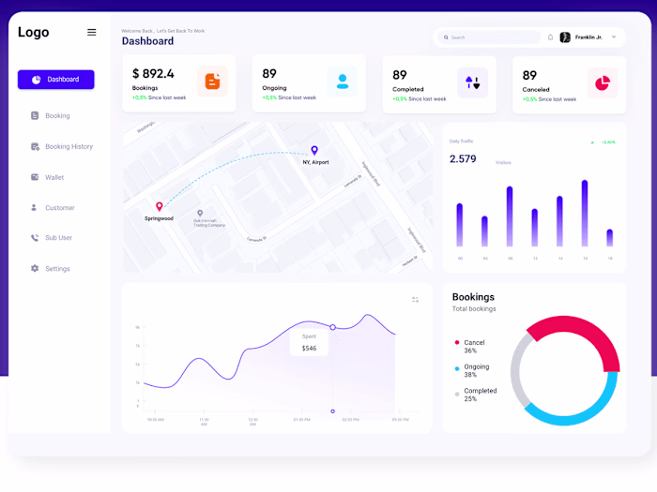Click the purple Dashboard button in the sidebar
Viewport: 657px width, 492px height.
[x=56, y=80]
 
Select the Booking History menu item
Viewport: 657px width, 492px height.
[x=69, y=146]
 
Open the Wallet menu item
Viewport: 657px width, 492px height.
[x=53, y=177]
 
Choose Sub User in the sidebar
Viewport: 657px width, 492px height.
[x=58, y=238]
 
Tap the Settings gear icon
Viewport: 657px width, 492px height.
[x=35, y=269]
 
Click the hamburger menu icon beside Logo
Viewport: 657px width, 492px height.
[x=91, y=32]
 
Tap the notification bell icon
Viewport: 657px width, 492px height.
[x=551, y=37]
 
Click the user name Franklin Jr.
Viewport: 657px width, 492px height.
[x=588, y=37]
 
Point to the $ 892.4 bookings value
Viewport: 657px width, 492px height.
[x=153, y=74]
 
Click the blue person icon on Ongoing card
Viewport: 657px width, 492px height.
[x=343, y=82]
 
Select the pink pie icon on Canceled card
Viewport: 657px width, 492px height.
[x=602, y=82]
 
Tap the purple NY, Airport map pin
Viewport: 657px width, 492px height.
[x=314, y=150]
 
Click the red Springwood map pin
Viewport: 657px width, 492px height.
[x=160, y=206]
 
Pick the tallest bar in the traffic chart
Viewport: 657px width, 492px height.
[x=585, y=213]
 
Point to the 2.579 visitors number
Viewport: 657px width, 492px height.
[x=463, y=159]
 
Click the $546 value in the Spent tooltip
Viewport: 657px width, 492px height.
[x=310, y=349]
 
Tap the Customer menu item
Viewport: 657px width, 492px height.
[x=59, y=208]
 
